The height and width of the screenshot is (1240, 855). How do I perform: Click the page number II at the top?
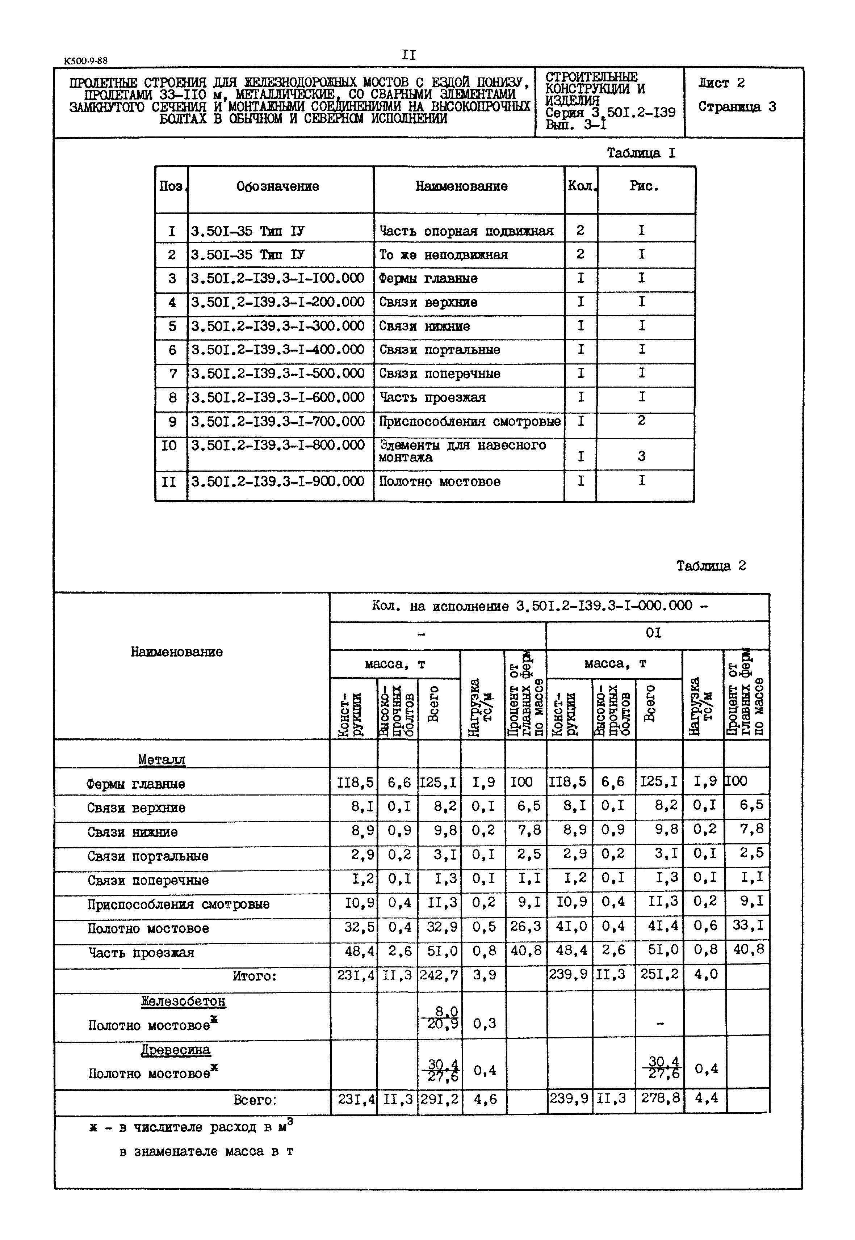point(408,55)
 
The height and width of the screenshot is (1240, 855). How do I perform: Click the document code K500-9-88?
point(86,61)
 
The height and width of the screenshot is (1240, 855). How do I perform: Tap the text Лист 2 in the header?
point(721,83)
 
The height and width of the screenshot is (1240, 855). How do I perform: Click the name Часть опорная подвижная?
point(466,231)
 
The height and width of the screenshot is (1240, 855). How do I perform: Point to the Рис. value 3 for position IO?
point(641,456)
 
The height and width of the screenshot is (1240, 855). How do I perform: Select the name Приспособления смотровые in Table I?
point(469,421)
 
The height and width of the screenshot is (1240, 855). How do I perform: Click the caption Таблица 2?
point(711,566)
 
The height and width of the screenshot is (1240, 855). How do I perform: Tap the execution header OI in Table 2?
point(653,633)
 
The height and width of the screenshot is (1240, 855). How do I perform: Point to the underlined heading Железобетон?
point(183,1001)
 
